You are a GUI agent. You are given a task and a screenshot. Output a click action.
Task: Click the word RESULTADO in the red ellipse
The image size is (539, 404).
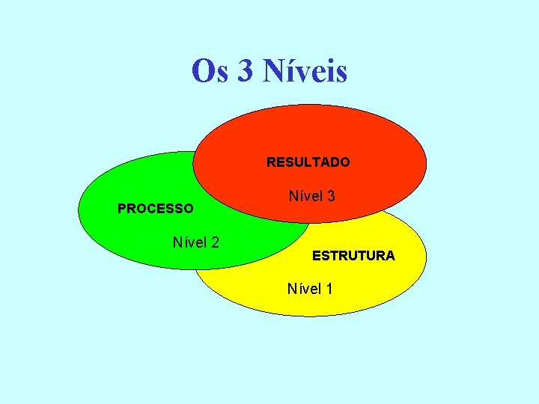click(308, 162)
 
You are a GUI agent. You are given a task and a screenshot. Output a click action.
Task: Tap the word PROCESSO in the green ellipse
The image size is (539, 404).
click(155, 209)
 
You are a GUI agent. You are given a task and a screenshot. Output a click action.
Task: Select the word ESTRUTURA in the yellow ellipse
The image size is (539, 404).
click(353, 256)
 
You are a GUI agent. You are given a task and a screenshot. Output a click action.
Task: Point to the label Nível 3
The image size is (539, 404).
click(311, 196)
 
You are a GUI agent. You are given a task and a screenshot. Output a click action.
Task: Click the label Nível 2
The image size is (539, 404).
click(195, 242)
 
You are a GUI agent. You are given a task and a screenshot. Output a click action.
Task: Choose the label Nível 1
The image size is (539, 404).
click(310, 288)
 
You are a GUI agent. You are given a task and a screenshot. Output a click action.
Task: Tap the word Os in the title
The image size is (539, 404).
click(209, 71)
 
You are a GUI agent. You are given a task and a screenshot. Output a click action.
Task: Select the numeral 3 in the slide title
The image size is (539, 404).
click(245, 72)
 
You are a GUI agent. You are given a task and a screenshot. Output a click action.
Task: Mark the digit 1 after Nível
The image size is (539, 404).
click(329, 288)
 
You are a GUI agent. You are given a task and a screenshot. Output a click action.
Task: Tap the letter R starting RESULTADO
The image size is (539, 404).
click(271, 162)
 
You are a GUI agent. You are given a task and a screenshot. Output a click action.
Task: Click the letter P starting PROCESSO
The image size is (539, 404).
click(122, 209)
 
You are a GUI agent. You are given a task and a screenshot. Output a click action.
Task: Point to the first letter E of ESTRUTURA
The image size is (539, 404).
click(316, 256)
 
